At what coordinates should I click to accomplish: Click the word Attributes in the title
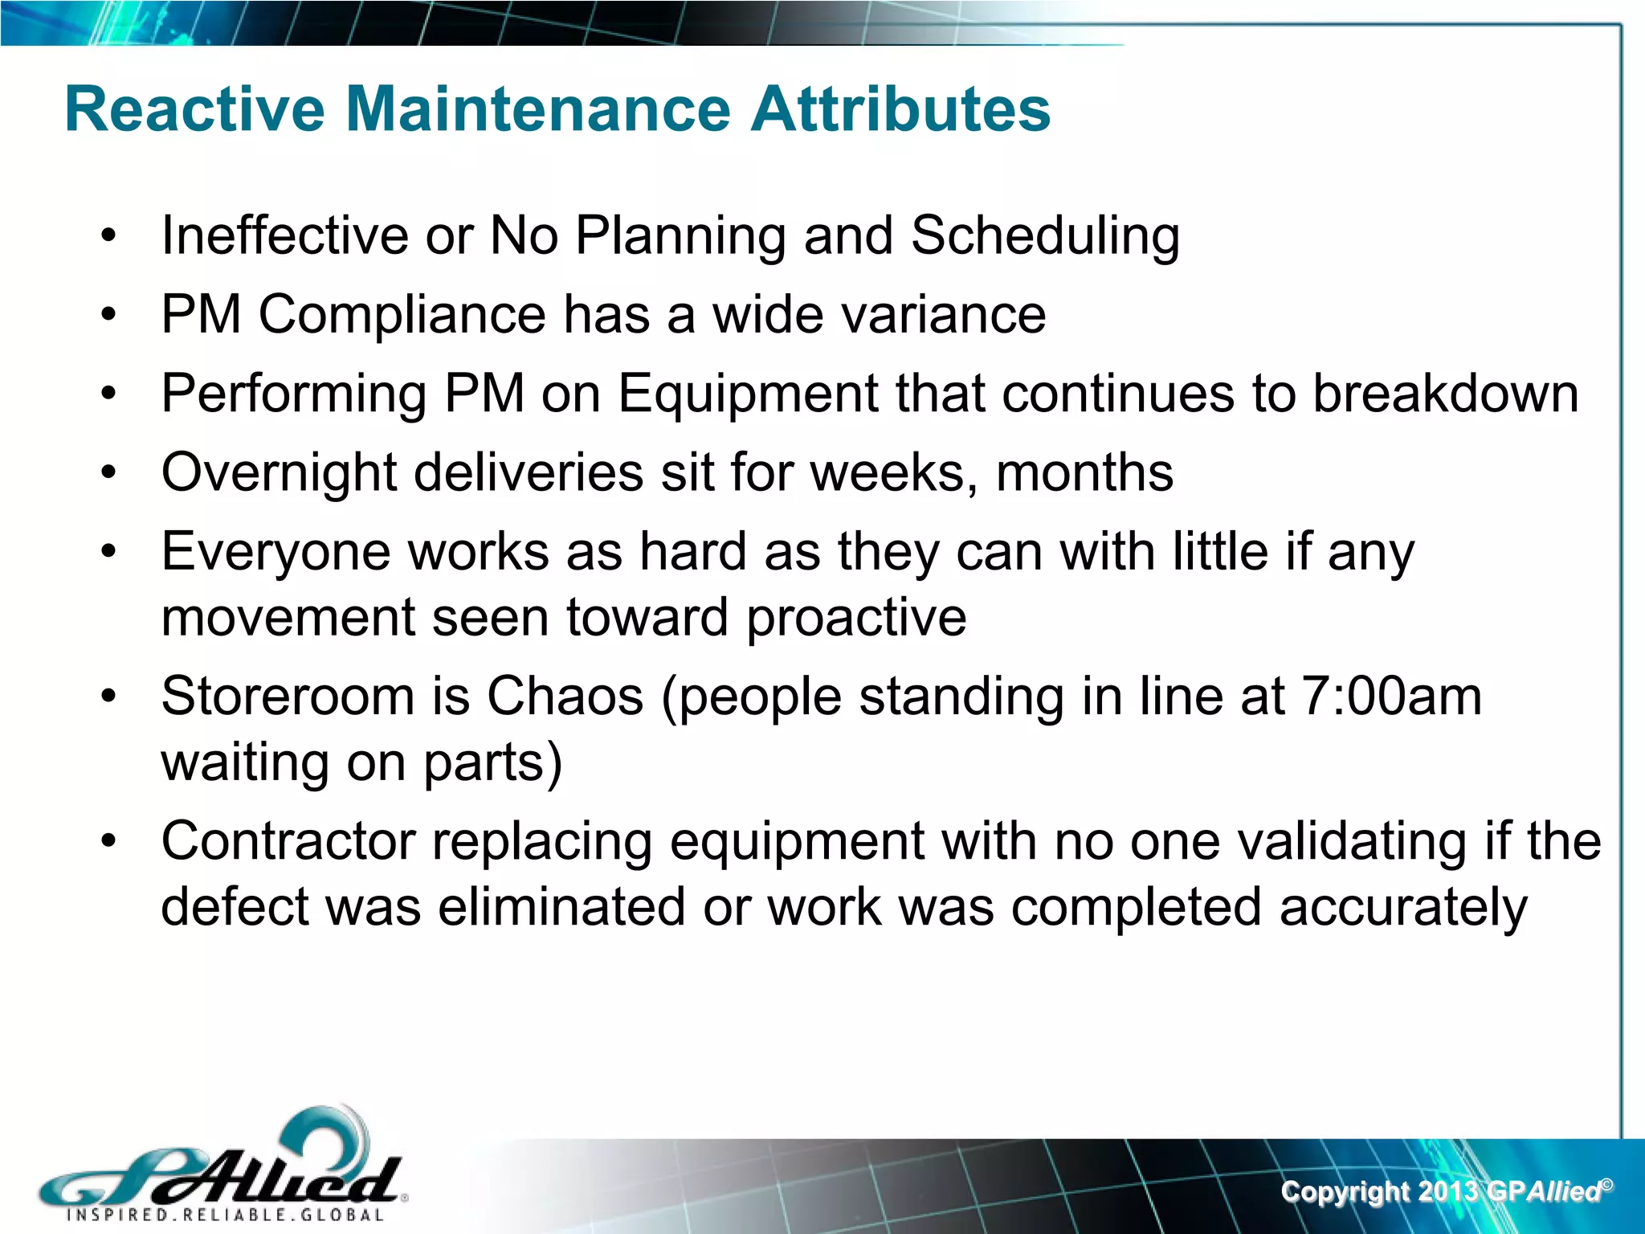pyautogui.click(x=900, y=110)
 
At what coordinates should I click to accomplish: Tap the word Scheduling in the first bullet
pyautogui.click(x=1045, y=237)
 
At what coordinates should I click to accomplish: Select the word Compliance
pyautogui.click(x=402, y=315)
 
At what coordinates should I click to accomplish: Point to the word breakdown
pyautogui.click(x=1445, y=394)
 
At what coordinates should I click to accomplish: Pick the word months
pyautogui.click(x=1084, y=472)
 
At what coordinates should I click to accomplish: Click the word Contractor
pyautogui.click(x=288, y=842)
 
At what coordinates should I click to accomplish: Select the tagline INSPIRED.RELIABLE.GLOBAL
pyautogui.click(x=225, y=1215)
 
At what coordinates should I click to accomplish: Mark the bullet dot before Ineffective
pyautogui.click(x=108, y=237)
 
